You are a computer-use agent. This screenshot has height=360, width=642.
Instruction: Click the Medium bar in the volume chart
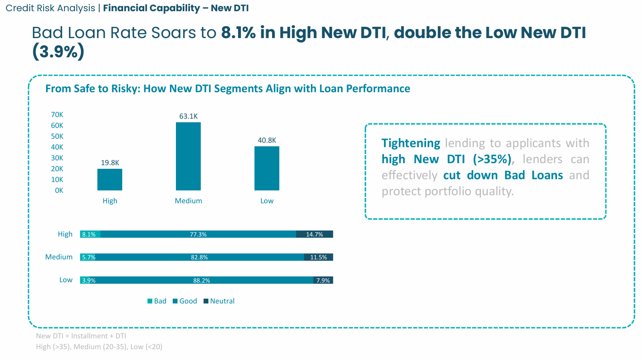click(188, 156)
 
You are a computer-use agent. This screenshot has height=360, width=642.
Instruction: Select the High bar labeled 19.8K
click(110, 180)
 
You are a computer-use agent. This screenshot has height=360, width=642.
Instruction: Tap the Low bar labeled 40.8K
click(267, 168)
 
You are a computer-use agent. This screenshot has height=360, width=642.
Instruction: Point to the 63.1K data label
click(188, 116)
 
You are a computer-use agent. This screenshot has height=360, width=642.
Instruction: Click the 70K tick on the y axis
click(57, 115)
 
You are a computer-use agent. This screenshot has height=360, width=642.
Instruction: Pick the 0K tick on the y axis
click(59, 190)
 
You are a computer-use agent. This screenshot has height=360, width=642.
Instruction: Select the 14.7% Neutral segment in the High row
click(315, 235)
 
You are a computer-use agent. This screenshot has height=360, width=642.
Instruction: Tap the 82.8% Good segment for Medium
click(199, 257)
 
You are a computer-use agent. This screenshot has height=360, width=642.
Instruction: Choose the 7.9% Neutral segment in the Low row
click(323, 280)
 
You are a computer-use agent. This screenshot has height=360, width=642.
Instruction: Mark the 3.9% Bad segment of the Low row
click(88, 280)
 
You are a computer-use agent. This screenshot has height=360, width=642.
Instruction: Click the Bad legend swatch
click(150, 301)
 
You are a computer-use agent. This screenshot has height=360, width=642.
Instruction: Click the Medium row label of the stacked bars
click(59, 257)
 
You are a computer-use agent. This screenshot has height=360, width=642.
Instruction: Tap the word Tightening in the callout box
click(411, 143)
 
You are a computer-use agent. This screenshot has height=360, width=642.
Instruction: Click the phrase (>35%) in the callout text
click(492, 159)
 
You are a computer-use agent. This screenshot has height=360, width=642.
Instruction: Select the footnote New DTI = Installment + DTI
click(81, 336)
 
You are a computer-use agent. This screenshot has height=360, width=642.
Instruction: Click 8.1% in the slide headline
click(238, 33)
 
